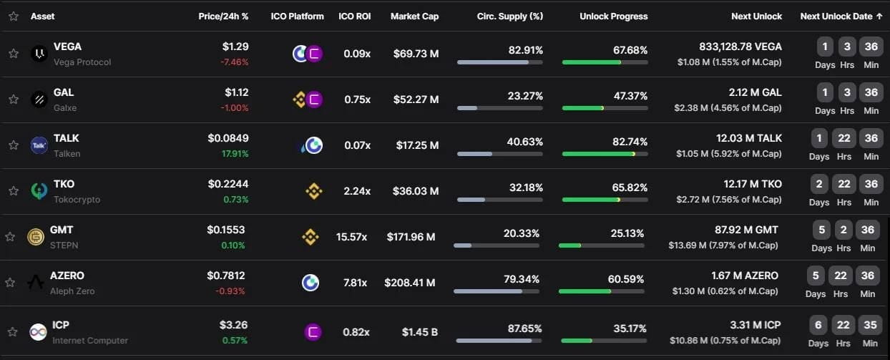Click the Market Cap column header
pyautogui.click(x=414, y=16)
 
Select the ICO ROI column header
pyautogui.click(x=353, y=16)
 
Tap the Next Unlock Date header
pyautogui.click(x=841, y=16)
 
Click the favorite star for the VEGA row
pyautogui.click(x=14, y=54)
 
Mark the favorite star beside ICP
pyautogui.click(x=12, y=332)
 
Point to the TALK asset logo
pyautogui.click(x=39, y=145)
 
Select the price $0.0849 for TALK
pyautogui.click(x=228, y=138)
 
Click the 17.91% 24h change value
pyautogui.click(x=235, y=153)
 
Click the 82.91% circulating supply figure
pyautogui.click(x=525, y=50)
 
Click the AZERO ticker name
pyautogui.click(x=67, y=276)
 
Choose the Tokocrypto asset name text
pyautogui.click(x=77, y=200)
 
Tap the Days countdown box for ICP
pyautogui.click(x=818, y=326)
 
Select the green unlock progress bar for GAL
pyautogui.click(x=583, y=108)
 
